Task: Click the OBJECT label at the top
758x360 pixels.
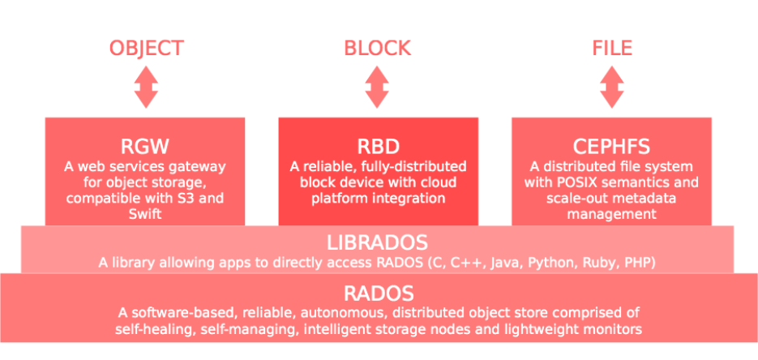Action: tap(146, 48)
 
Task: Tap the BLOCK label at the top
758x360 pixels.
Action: tap(378, 48)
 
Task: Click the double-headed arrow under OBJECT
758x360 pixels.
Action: tap(146, 87)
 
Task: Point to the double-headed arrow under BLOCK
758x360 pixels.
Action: tap(378, 87)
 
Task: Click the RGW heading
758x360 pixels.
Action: tap(144, 148)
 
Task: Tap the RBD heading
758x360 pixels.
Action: tap(378, 148)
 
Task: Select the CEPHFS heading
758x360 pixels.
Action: tap(611, 148)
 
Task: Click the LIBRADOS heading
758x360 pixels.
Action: tap(378, 242)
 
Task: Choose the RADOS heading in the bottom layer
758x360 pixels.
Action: tap(378, 294)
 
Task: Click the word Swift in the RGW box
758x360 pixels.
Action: tap(144, 214)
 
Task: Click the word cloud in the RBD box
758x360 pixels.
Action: tap(448, 182)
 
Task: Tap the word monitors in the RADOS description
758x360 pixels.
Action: tap(613, 329)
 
